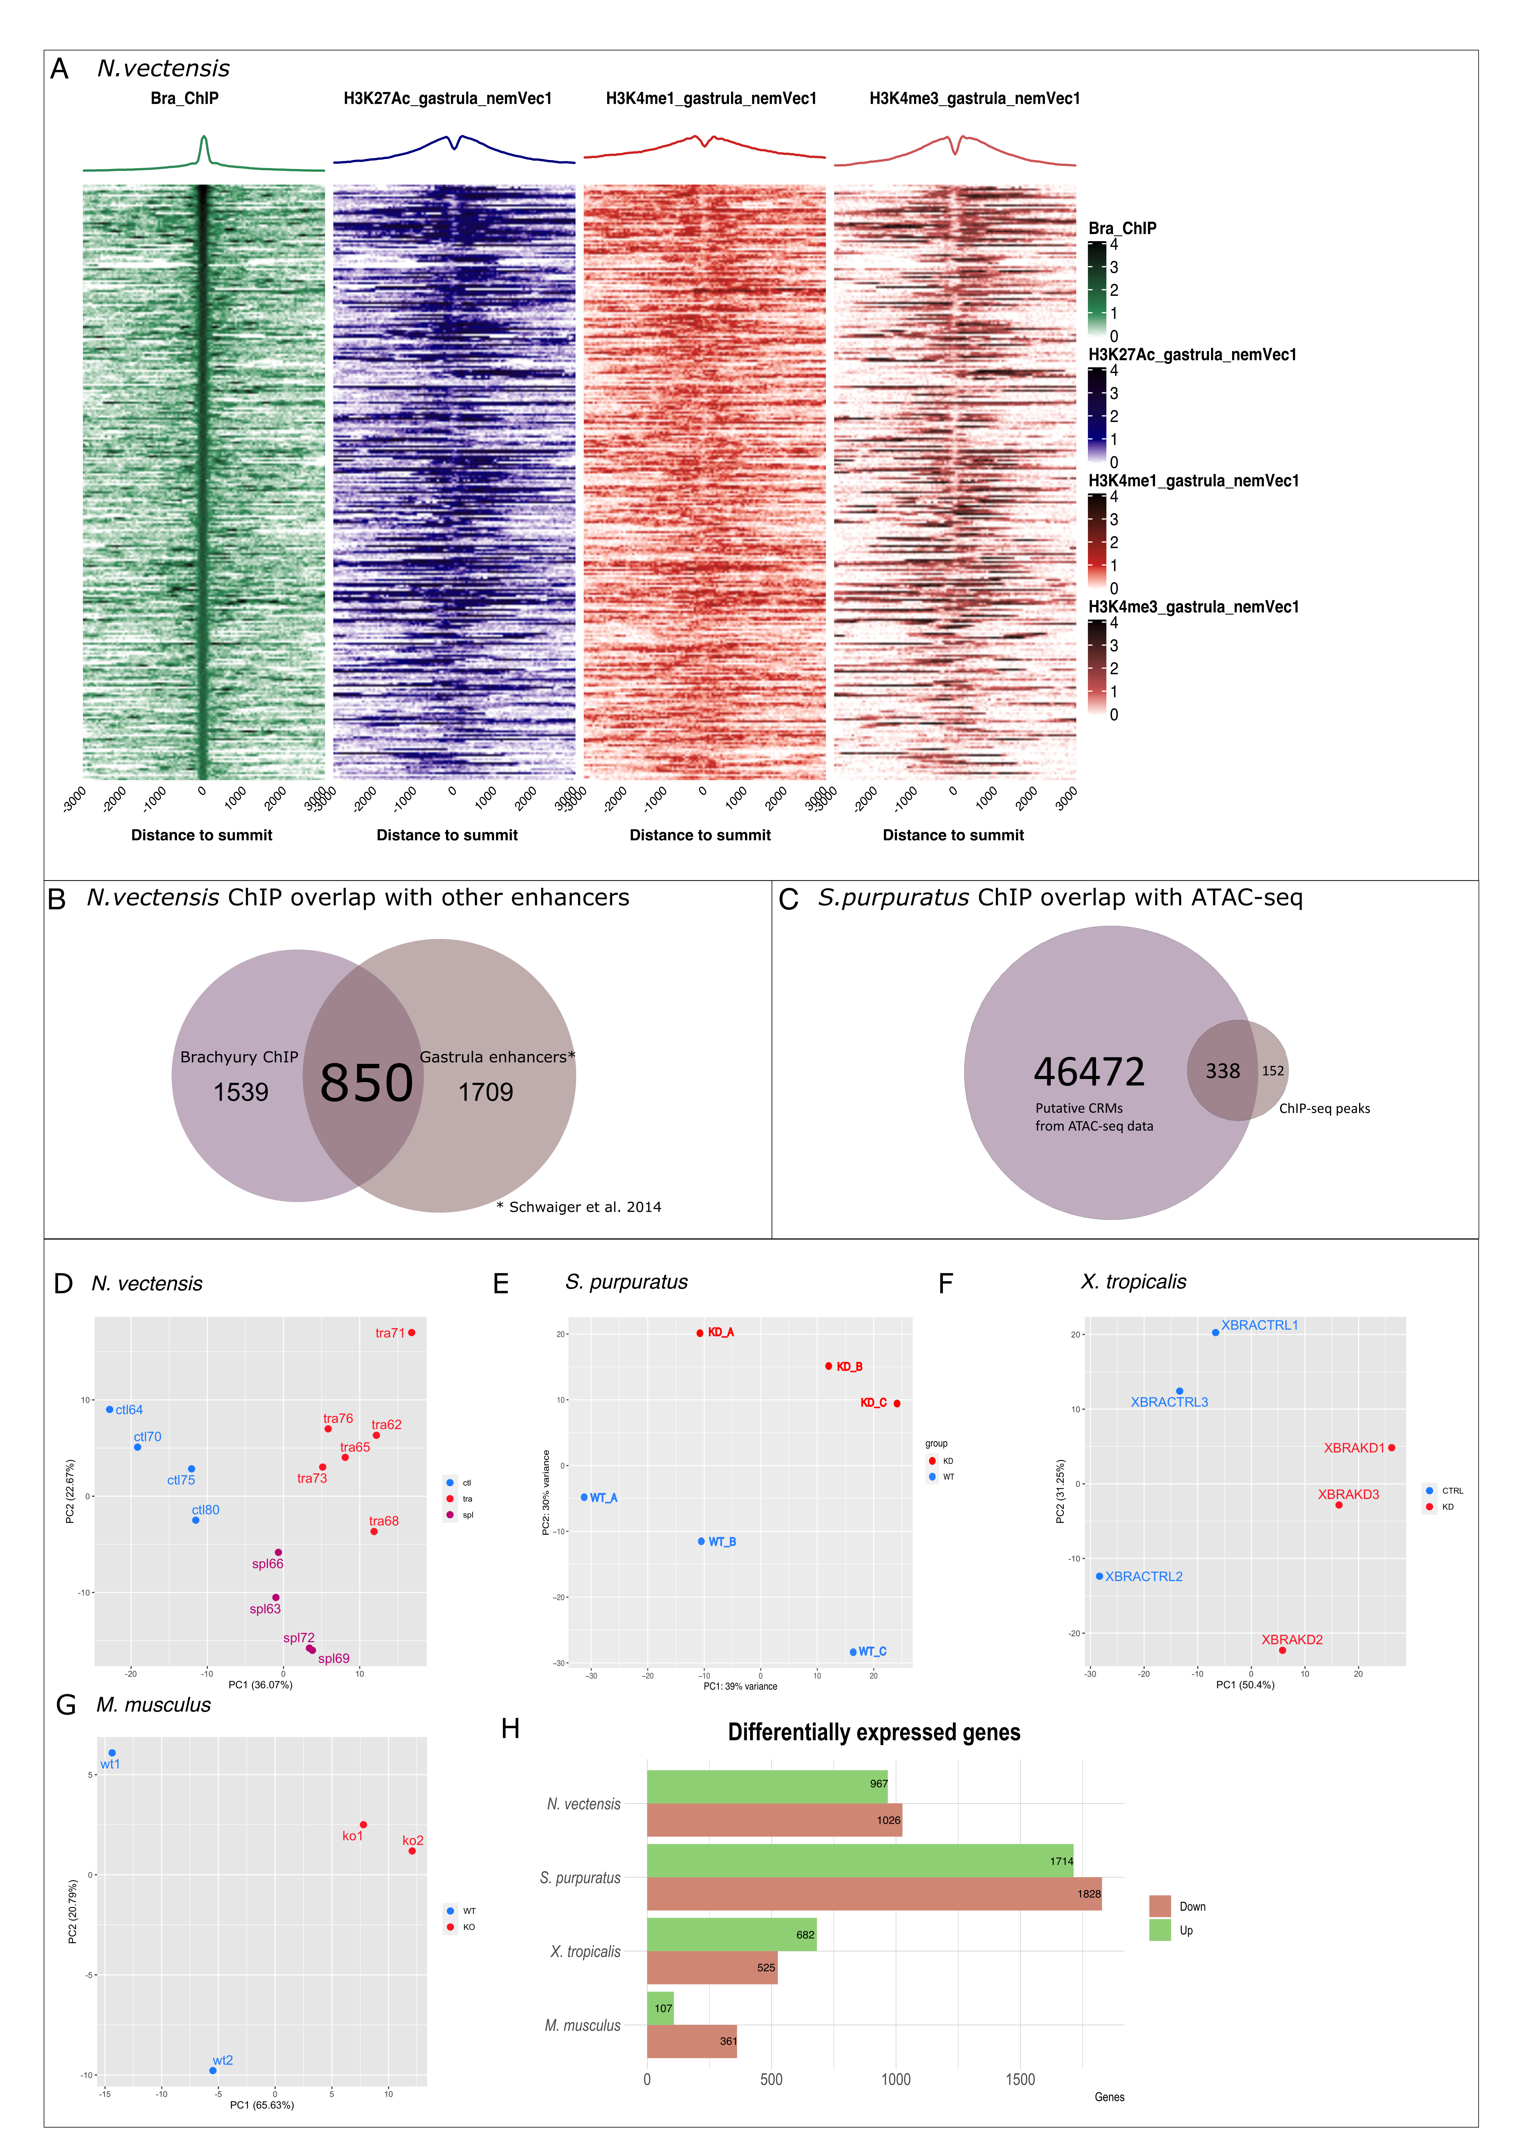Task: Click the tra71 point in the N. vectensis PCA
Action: click(412, 1332)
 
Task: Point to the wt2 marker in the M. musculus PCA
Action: click(213, 2070)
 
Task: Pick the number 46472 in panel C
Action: click(1089, 1072)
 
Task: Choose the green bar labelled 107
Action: click(660, 2008)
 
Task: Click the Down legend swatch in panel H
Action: click(1160, 1906)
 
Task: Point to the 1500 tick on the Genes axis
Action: click(1020, 2080)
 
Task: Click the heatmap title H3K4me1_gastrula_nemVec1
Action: click(711, 99)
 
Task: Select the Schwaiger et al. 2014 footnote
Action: click(579, 1207)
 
